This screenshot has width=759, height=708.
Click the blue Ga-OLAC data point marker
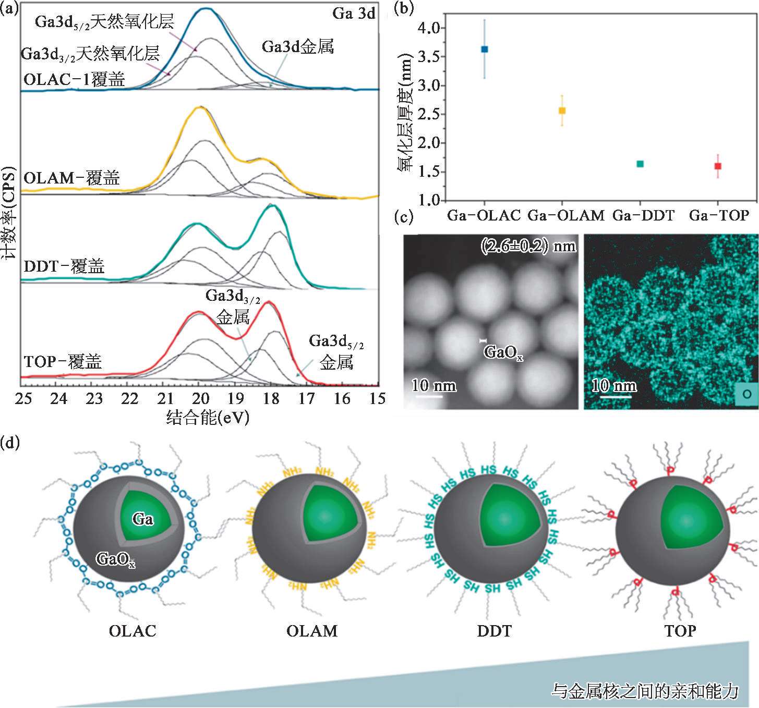484,49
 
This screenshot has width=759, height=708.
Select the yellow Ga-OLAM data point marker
562,111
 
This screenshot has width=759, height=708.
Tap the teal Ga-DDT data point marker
640,164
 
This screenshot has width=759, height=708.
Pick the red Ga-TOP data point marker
718,166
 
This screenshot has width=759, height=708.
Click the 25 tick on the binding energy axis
23,399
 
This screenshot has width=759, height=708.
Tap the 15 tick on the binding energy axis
377,399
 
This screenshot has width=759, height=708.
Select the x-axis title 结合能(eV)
208,418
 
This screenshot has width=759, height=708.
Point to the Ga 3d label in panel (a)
354,14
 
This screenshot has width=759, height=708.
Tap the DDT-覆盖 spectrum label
64,266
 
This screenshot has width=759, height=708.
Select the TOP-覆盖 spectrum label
63,361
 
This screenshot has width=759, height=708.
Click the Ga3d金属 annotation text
297,47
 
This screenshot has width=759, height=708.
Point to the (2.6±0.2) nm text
528,246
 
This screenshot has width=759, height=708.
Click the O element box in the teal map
746,394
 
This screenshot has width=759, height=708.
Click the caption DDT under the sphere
495,631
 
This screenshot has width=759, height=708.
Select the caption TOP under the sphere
680,631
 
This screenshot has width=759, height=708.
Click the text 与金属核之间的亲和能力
645,691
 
